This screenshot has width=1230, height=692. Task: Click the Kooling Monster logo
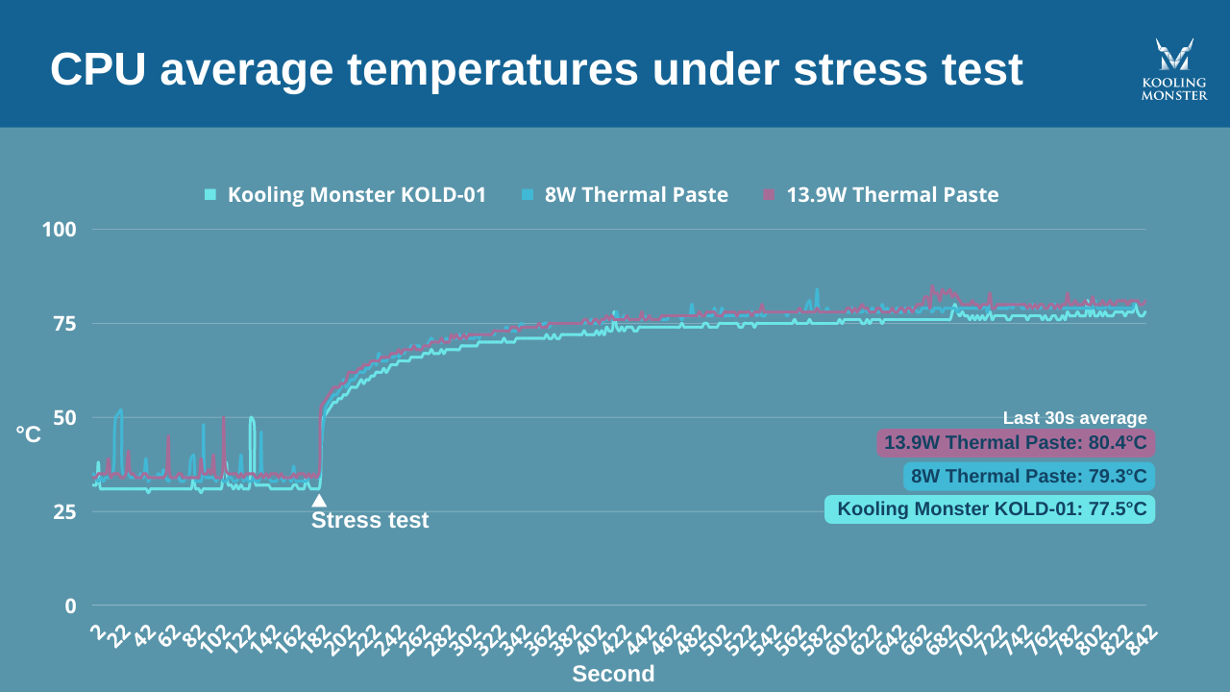[x=1174, y=69]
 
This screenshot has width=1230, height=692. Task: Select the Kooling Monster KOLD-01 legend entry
[x=346, y=195]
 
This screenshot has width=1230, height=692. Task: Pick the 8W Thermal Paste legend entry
[x=626, y=195]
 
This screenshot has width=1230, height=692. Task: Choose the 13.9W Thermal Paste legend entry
[x=881, y=195]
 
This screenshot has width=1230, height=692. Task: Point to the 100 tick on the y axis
[x=59, y=230]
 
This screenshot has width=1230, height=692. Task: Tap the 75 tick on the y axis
[x=64, y=324]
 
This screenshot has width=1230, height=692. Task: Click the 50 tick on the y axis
[x=64, y=418]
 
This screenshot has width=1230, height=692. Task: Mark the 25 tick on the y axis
[x=64, y=512]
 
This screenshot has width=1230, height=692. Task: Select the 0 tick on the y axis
[x=71, y=606]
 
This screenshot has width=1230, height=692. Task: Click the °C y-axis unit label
[x=29, y=435]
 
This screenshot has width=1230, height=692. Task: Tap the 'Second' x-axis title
[x=613, y=674]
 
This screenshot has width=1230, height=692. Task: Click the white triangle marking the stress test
[x=319, y=500]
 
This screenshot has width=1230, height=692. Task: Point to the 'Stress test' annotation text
[x=370, y=521]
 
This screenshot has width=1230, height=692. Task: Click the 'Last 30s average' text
[x=1074, y=418]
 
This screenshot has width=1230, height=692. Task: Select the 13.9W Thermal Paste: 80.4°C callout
[x=1015, y=443]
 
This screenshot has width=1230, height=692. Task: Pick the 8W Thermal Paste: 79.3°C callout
[x=1028, y=477]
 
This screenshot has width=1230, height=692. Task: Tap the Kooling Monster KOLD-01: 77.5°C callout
[x=990, y=509]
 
